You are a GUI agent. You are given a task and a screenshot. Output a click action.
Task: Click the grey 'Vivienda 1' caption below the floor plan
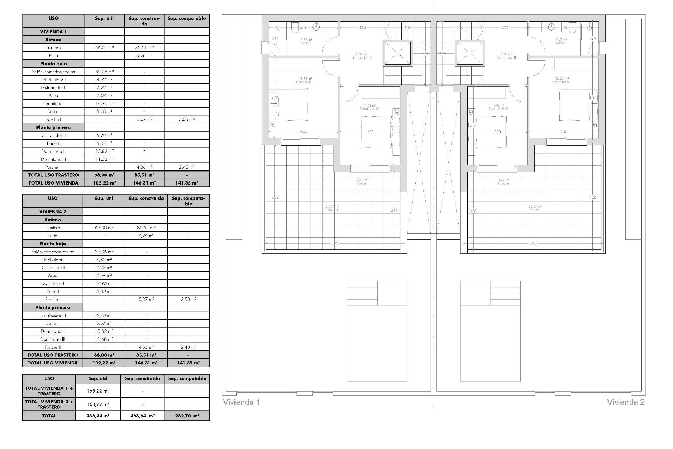[242, 402]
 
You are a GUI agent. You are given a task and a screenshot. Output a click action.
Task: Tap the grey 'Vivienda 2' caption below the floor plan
[625, 402]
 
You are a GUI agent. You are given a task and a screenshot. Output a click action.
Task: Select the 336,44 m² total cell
[98, 416]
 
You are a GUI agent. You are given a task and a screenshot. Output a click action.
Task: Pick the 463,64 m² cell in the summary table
[142, 416]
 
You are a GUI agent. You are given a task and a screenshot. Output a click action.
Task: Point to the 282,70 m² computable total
[187, 416]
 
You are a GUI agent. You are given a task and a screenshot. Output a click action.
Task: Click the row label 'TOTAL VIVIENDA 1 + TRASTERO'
[49, 391]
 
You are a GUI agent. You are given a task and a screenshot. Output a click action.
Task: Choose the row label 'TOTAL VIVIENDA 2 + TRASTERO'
[49, 404]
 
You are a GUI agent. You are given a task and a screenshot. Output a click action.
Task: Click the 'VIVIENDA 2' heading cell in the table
[53, 212]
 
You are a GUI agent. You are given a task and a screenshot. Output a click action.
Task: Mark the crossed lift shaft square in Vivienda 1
[397, 53]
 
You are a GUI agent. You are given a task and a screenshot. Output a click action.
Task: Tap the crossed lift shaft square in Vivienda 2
[470, 53]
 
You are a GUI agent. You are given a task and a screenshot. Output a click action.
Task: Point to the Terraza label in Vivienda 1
[332, 208]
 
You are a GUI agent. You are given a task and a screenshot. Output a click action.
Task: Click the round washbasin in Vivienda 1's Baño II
[317, 26]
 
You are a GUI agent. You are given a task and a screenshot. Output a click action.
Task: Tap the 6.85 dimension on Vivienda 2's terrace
[533, 243]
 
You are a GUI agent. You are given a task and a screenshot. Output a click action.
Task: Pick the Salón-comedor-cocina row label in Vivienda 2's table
[53, 252]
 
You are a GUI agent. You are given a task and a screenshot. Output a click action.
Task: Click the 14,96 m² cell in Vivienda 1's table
[104, 103]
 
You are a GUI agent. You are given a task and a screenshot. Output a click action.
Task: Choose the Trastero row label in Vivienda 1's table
[53, 48]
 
